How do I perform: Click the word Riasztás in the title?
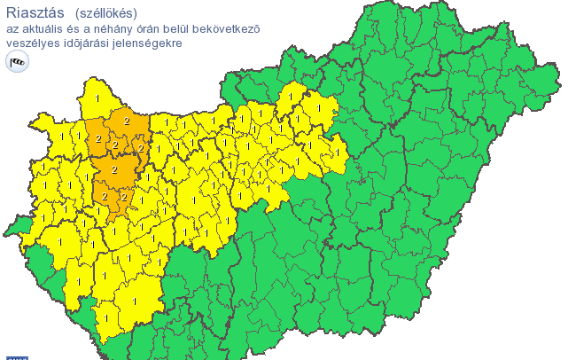point(34,12)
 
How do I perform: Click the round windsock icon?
point(17,61)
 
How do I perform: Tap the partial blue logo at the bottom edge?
point(17,357)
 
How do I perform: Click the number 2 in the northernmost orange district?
point(126,121)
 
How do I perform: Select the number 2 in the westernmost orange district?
point(97,138)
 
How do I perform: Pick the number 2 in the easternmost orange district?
point(141,149)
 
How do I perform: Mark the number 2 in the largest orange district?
point(114,168)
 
